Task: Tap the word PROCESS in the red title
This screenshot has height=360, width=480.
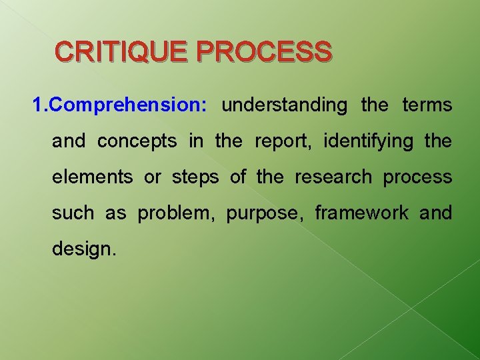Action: coord(265,51)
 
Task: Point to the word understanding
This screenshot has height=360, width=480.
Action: coord(285,105)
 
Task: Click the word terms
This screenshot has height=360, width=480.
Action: coord(427,105)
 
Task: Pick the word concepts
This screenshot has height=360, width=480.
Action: coord(137,141)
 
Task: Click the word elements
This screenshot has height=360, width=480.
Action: coord(93,177)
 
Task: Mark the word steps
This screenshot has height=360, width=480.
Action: coord(196,177)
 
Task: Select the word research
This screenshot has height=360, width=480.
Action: coord(333,177)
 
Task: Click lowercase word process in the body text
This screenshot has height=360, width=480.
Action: coord(417,177)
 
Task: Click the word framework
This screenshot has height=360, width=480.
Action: coord(362,213)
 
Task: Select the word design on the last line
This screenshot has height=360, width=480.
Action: coord(83,249)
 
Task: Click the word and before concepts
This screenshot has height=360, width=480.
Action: coord(69,141)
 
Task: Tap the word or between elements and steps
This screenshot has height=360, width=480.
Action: coord(153,177)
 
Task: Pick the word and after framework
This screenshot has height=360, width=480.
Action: coord(436,213)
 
